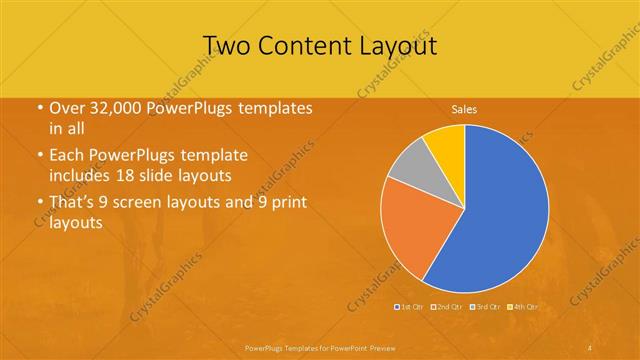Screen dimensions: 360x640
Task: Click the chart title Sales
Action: [x=463, y=108]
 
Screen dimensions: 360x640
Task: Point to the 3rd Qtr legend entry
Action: [x=486, y=306]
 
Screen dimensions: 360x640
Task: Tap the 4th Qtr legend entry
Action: [x=524, y=306]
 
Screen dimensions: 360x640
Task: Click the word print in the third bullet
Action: [x=284, y=203]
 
